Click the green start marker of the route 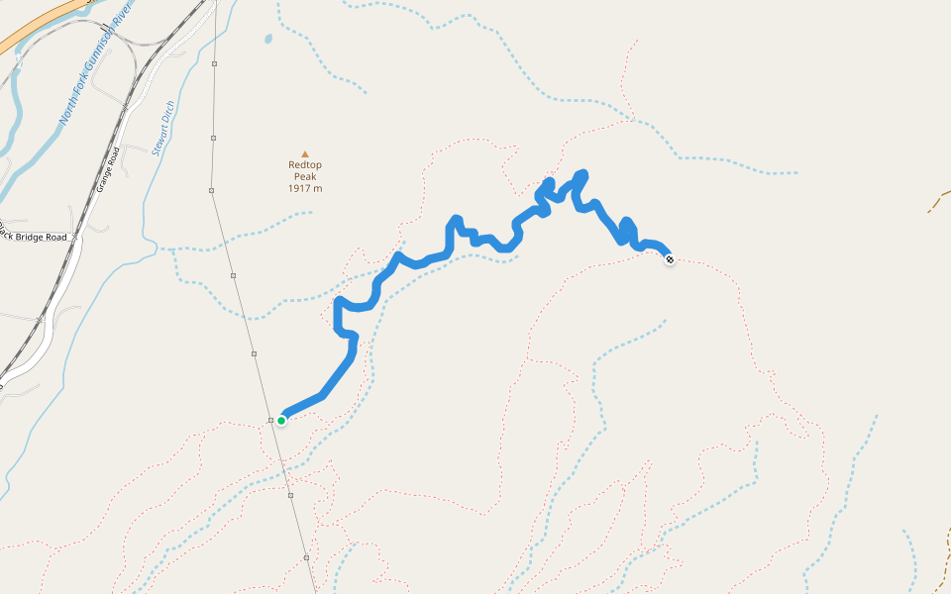click(x=281, y=421)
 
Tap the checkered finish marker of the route click(x=670, y=259)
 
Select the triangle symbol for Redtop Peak click(x=305, y=153)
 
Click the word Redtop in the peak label click(x=305, y=165)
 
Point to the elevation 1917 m click(x=305, y=188)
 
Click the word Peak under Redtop click(x=305, y=177)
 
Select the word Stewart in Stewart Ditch click(x=158, y=139)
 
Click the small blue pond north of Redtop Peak click(x=268, y=40)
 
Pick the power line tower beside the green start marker click(x=270, y=420)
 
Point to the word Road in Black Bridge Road click(x=56, y=238)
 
